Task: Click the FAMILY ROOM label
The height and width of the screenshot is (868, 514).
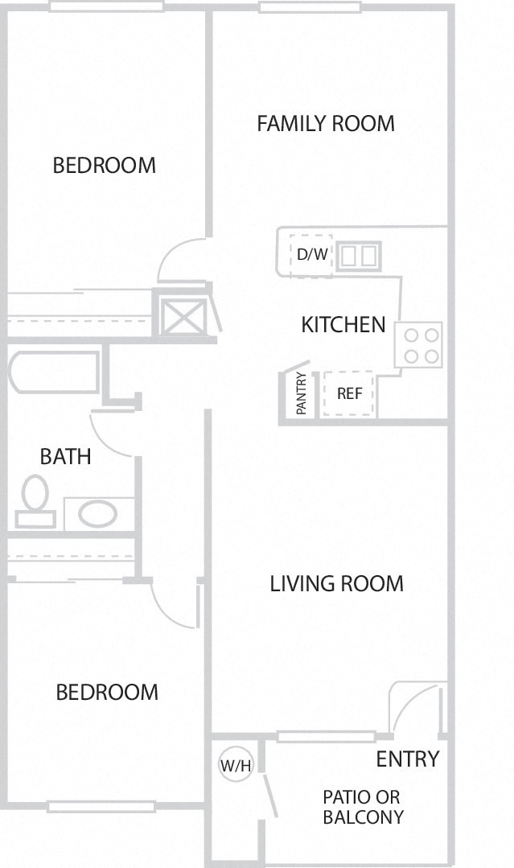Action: (326, 123)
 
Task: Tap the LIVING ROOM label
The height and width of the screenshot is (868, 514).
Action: (336, 583)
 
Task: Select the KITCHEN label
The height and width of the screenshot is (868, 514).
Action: (343, 324)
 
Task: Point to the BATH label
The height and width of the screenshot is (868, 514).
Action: (65, 456)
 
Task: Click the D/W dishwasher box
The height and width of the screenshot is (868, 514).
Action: (311, 254)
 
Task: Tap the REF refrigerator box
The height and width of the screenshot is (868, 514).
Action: (348, 393)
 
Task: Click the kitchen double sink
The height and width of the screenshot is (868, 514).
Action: (359, 257)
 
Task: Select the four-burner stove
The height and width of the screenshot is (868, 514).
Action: (418, 345)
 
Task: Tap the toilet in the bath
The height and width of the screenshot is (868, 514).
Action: (35, 501)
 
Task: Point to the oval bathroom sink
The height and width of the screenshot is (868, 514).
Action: (97, 513)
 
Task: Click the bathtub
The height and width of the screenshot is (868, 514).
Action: (54, 372)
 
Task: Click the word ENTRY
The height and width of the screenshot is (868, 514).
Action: (408, 759)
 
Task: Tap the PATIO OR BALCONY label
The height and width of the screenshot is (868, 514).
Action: (363, 807)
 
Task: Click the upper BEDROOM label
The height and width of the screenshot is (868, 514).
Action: (104, 165)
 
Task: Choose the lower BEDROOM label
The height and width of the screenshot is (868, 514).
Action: (107, 692)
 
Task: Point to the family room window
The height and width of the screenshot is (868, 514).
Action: (310, 7)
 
